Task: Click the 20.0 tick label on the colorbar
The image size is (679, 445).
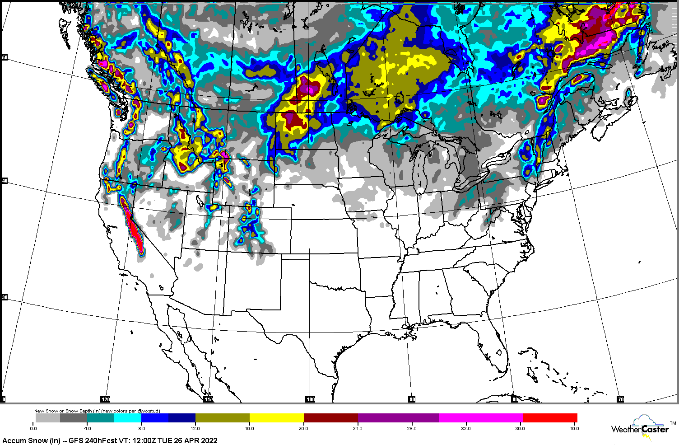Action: pos(303,428)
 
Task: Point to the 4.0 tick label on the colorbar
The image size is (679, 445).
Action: pos(88,428)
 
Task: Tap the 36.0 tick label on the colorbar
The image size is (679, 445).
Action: pos(520,428)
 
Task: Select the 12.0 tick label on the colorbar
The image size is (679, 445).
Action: pos(195,428)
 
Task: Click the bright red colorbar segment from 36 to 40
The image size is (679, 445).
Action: pos(550,418)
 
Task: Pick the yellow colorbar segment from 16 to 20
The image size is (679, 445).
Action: pos(276,418)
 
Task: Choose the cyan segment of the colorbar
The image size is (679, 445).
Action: pos(128,418)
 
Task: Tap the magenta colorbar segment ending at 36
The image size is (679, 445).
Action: pos(481,418)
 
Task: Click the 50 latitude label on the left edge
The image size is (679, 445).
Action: pos(5,57)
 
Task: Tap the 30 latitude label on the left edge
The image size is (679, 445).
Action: pos(5,297)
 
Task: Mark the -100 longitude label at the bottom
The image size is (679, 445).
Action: pos(310,399)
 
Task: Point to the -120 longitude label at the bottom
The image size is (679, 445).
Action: pos(105,399)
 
